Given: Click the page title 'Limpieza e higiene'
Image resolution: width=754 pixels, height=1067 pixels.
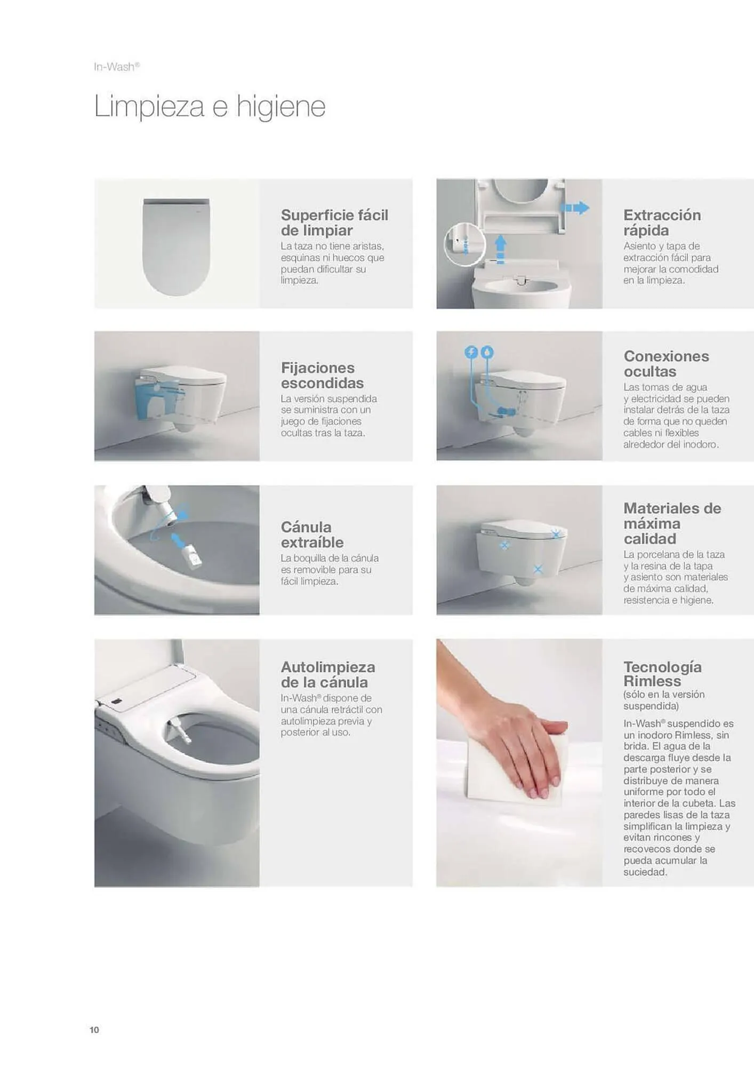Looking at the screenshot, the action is [x=210, y=107].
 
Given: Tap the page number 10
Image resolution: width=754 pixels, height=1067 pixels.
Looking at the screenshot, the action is [x=94, y=1030].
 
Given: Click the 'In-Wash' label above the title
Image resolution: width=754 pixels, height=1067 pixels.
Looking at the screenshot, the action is [x=117, y=67].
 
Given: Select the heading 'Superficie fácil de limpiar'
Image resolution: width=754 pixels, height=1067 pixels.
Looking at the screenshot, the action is [x=334, y=222].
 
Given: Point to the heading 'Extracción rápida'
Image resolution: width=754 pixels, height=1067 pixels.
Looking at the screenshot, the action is [x=662, y=222].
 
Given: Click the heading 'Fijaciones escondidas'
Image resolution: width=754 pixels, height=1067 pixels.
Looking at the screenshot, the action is [x=322, y=375].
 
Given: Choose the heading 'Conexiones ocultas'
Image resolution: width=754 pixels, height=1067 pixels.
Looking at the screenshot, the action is [x=666, y=364].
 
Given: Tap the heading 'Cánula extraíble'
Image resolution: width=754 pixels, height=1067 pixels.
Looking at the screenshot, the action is [x=312, y=535].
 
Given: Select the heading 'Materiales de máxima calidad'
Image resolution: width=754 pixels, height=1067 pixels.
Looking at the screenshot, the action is [x=672, y=523].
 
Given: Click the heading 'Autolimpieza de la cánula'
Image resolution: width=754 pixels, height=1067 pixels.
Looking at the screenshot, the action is [x=328, y=674].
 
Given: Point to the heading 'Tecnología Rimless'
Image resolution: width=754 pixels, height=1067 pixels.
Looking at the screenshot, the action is [x=662, y=674].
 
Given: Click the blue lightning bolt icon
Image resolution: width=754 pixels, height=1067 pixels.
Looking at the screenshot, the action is [x=471, y=352].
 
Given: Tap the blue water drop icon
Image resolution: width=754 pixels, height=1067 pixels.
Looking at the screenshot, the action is [x=487, y=352].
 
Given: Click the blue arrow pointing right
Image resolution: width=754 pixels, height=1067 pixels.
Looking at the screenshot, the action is [x=575, y=208].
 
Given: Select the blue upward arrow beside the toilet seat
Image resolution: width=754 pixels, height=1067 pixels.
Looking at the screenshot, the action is [x=500, y=250].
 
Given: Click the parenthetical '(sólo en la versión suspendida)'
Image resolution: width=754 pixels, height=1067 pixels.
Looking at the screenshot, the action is [x=664, y=700].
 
